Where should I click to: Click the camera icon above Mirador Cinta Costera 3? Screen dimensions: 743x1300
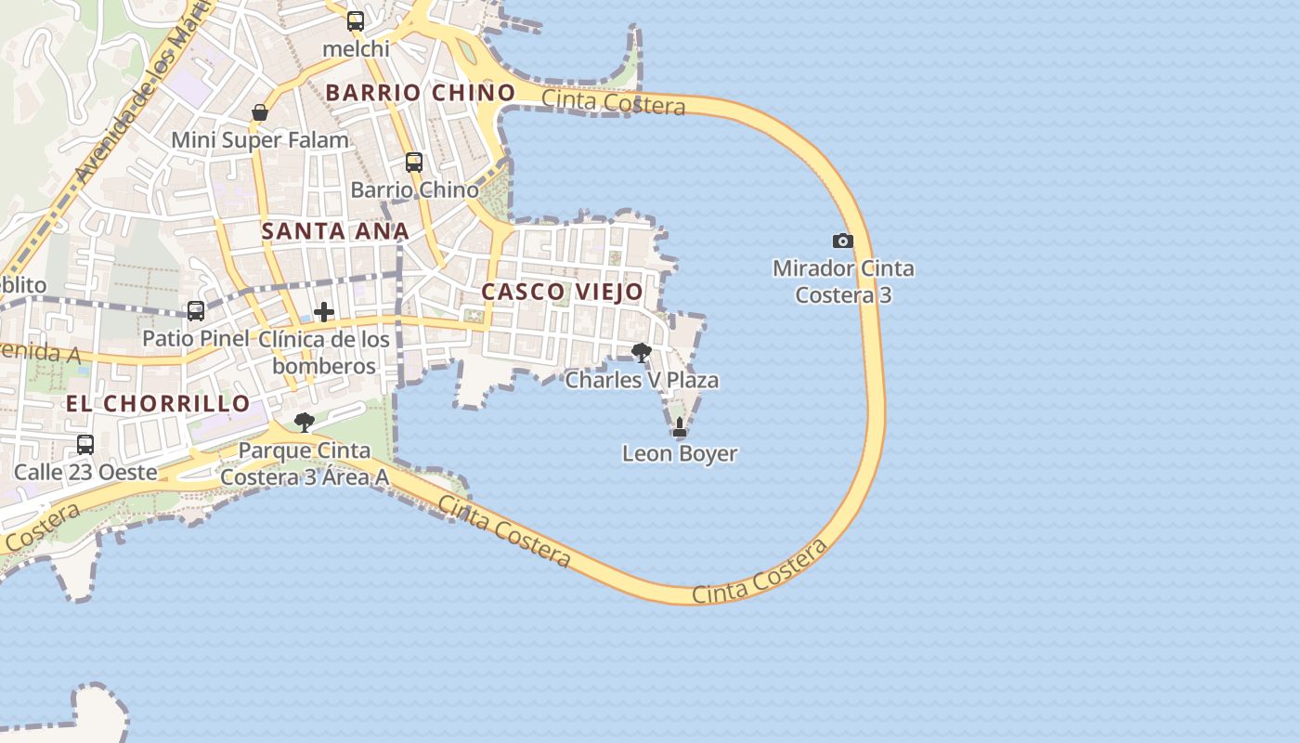click(x=842, y=241)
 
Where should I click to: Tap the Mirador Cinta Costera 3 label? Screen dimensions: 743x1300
click(x=843, y=281)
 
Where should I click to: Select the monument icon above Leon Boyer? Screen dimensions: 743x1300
click(x=680, y=427)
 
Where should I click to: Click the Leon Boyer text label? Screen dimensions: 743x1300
click(x=680, y=454)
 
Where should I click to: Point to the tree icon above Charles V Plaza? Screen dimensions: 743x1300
click(x=641, y=352)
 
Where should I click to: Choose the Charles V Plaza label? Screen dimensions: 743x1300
click(x=642, y=380)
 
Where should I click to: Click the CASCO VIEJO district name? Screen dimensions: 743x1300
click(x=562, y=292)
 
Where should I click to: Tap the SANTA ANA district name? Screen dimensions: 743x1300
click(x=335, y=231)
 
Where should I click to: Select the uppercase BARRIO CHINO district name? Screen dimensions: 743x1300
click(x=421, y=93)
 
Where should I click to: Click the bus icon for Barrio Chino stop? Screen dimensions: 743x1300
click(x=414, y=163)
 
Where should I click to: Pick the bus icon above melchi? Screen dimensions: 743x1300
click(x=356, y=21)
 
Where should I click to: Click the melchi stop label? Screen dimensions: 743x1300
click(x=356, y=48)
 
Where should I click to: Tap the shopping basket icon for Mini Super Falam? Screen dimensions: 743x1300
click(x=260, y=112)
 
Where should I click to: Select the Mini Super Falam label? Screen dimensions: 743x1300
click(x=260, y=140)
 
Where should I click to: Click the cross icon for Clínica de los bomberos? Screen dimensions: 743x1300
click(x=323, y=312)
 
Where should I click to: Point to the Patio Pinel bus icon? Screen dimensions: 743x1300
click(x=196, y=311)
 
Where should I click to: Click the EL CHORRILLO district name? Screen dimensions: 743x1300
click(x=158, y=403)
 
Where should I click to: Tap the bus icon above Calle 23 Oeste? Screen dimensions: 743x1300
click(x=85, y=445)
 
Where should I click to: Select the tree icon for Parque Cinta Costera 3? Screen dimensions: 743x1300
click(x=304, y=423)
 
